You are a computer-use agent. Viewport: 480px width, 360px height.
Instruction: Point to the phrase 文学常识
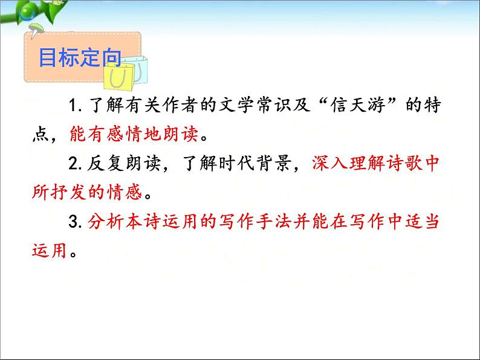pos(248,106)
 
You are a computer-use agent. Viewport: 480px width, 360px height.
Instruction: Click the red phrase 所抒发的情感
pos(89,193)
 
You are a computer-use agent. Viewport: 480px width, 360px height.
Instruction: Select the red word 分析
pos(105,222)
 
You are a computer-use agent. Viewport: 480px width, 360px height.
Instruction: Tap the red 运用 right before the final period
pos(48,250)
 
